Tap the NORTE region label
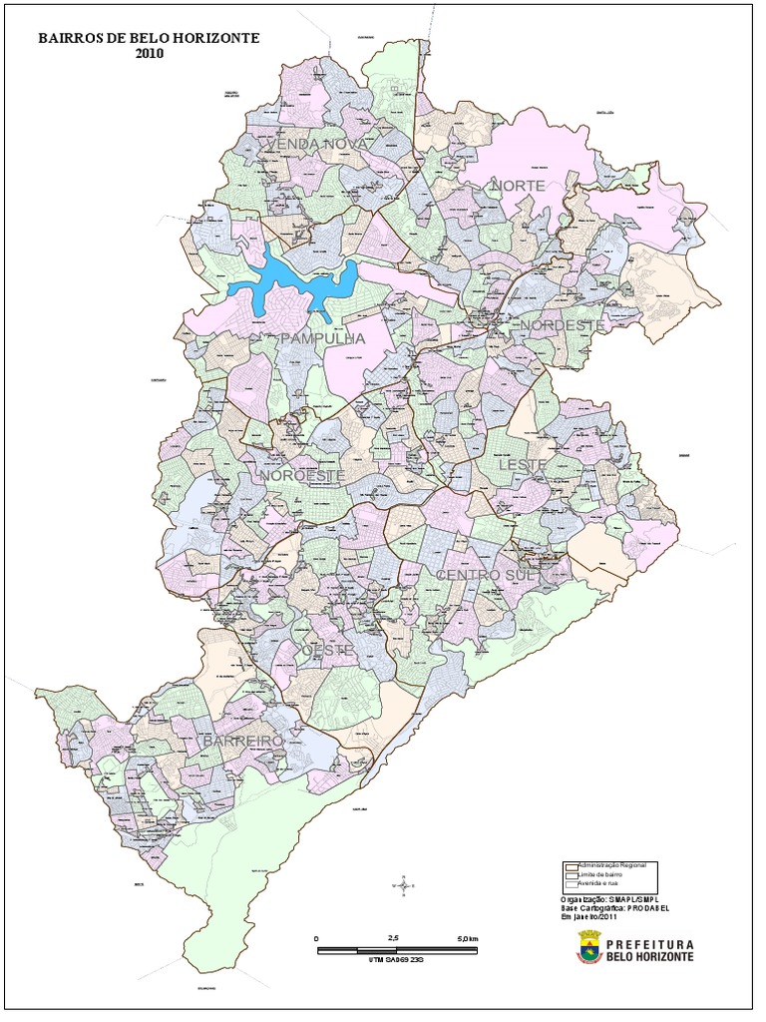click(518, 187)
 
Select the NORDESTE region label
click(562, 326)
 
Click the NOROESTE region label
click(303, 476)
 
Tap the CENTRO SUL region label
click(486, 576)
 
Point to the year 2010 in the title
click(148, 54)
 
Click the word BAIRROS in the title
click(73, 39)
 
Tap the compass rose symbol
click(403, 883)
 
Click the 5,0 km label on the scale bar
click(467, 939)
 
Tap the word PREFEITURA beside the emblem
click(649, 942)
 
